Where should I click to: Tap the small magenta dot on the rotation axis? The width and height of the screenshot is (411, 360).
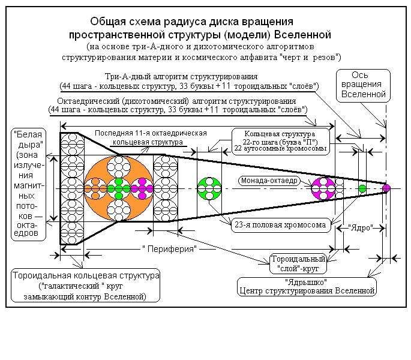[386, 188]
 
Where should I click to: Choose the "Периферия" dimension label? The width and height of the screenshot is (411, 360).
[170, 248]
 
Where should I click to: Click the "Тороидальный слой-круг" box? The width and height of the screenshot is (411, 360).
[298, 264]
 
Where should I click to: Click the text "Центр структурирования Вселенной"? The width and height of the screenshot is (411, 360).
[307, 291]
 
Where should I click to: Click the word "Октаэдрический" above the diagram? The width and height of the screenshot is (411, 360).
[88, 100]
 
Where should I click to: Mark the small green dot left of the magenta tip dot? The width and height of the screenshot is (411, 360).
[362, 188]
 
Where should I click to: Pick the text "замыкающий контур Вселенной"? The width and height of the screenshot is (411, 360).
[85, 296]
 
